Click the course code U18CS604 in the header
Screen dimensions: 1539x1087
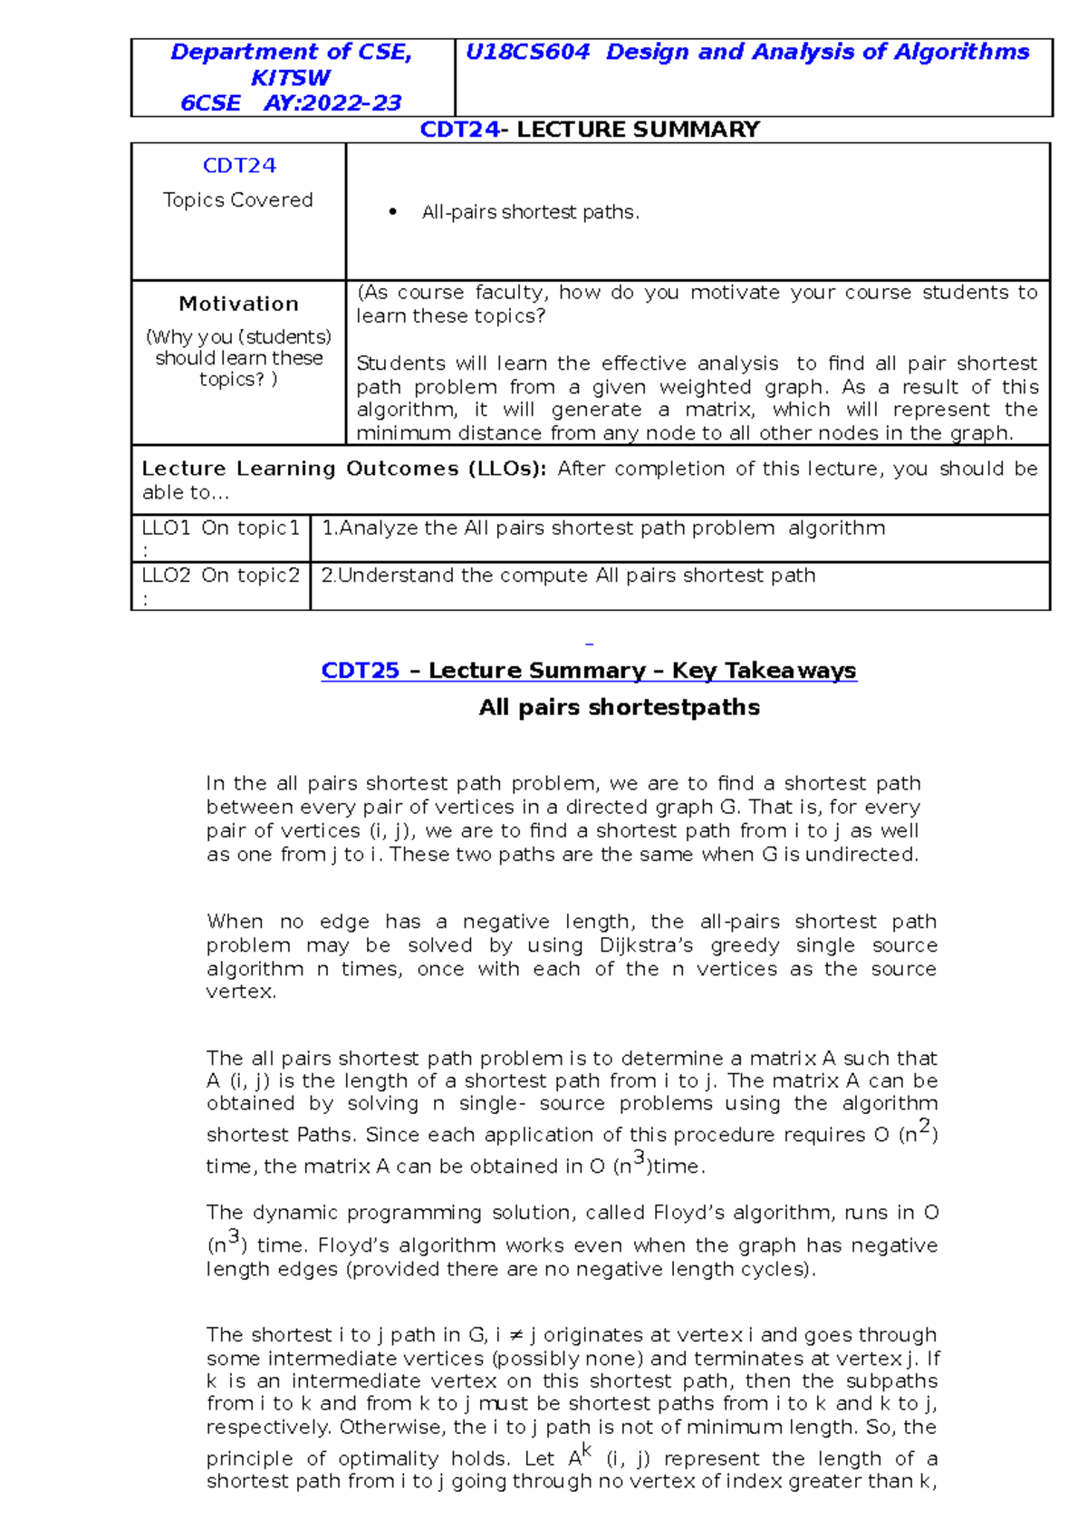527,52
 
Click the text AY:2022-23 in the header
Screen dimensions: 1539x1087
332,102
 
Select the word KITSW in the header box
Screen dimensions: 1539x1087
290,77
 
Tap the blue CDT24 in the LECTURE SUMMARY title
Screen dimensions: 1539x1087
459,130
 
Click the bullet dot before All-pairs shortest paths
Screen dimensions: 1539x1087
392,212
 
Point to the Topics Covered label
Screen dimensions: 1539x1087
237,199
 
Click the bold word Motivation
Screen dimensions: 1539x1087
238,304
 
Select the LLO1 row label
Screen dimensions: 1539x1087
220,528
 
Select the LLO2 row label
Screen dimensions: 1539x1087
220,576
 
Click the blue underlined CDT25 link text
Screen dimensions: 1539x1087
360,671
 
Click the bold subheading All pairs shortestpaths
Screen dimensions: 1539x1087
619,707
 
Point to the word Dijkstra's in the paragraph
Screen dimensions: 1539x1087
646,945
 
